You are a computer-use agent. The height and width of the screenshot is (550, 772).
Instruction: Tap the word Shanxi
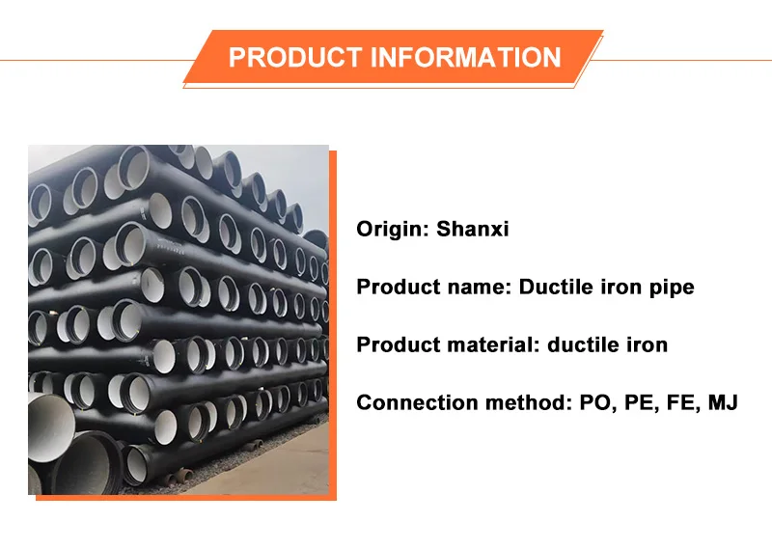click(472, 230)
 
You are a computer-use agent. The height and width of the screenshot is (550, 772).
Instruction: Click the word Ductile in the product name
click(556, 288)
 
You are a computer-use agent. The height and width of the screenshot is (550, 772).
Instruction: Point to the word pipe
click(672, 288)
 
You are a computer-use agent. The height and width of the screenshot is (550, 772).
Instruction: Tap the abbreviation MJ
click(723, 402)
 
